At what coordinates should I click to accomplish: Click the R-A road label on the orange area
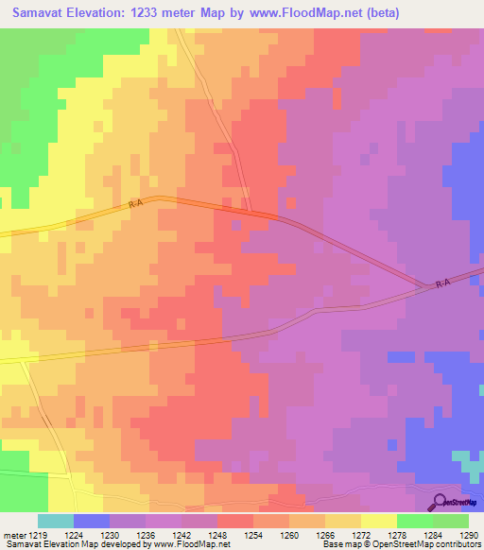tap(136, 202)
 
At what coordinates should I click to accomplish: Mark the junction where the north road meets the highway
tap(249, 211)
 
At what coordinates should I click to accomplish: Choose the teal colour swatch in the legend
tap(56, 521)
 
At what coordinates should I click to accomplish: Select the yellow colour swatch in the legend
tap(378, 521)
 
